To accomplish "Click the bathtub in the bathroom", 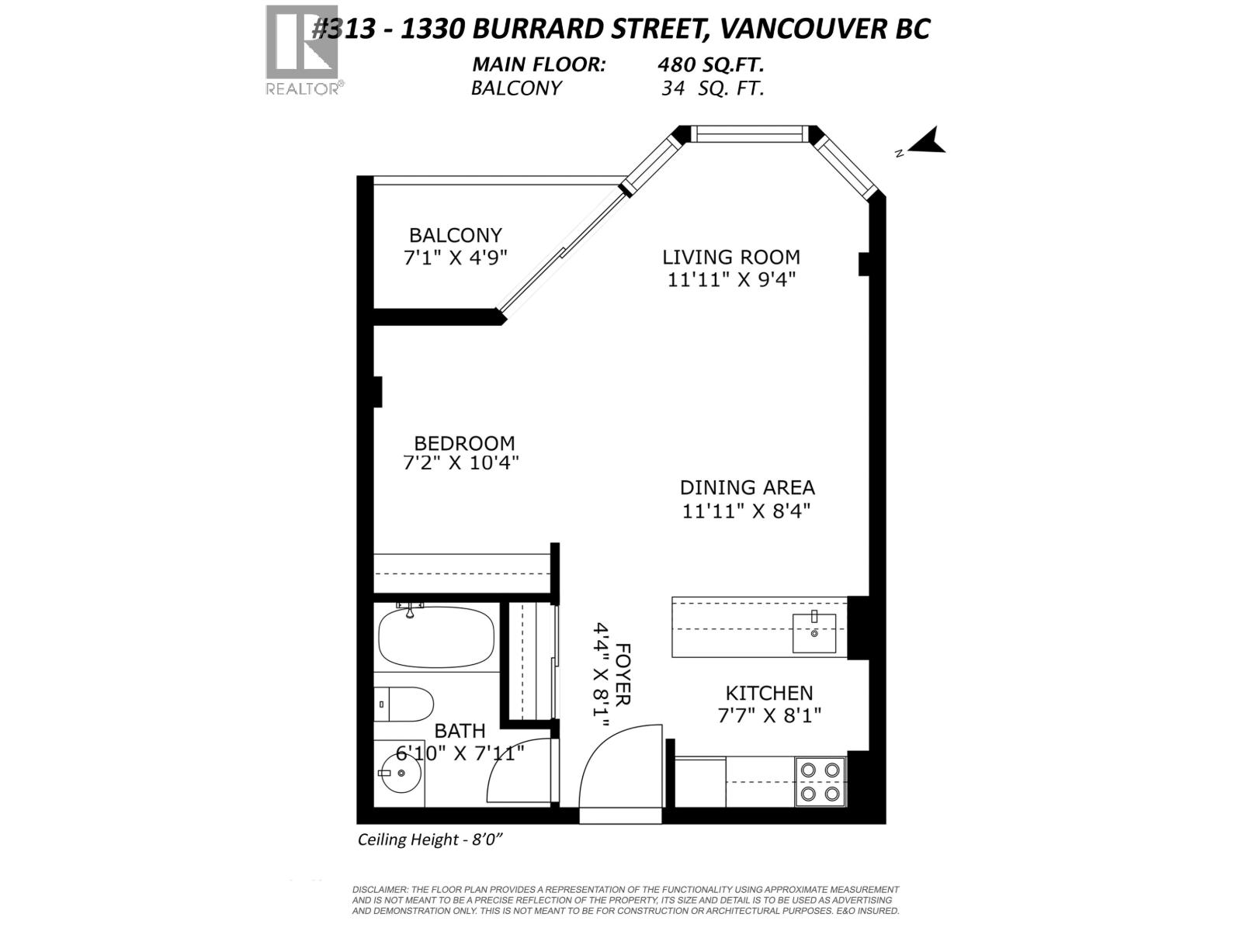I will [435, 637].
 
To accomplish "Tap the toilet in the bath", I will [405, 704].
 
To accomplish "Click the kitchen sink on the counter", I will [814, 632].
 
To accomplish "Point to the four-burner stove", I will [820, 782].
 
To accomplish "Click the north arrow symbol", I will [925, 143].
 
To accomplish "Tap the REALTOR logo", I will [302, 50].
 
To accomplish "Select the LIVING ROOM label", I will [730, 257].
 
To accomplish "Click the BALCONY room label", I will [456, 235].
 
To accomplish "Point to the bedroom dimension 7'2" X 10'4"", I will [460, 463].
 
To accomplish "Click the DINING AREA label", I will [747, 488].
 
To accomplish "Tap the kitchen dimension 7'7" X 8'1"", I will [769, 715].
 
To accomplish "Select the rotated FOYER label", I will [623, 674].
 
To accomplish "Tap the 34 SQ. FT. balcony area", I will [712, 88].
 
